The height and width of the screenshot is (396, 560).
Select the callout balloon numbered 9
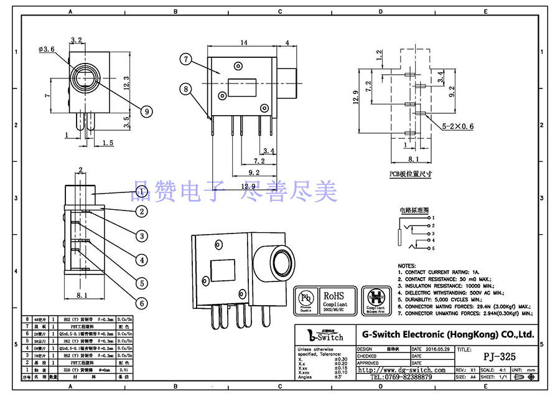147,111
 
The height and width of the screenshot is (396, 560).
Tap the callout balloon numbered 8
185,89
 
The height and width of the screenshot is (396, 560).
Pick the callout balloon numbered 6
142,303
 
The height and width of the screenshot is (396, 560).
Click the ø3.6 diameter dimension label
47,48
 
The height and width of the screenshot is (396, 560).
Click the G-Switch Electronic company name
447,334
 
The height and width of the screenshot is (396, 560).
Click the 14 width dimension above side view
244,42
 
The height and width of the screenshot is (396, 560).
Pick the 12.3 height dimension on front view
126,82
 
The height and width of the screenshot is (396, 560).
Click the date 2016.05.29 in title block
439,349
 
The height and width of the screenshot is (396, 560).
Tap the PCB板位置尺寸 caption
411,174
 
